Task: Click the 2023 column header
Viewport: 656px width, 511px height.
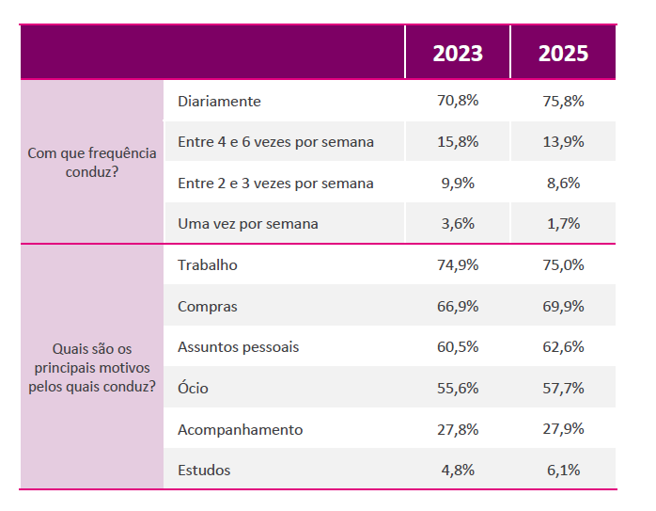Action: pos(458,53)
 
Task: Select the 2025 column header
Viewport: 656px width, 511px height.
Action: pos(563,53)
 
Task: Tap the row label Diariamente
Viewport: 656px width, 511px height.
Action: pos(219,101)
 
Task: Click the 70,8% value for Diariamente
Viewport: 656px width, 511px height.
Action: pos(458,101)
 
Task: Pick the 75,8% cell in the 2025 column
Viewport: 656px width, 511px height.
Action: pos(563,101)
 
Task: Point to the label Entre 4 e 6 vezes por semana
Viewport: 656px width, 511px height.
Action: pos(275,142)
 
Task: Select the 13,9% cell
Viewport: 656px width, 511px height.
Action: pos(563,142)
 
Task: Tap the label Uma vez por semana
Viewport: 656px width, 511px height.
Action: pos(248,224)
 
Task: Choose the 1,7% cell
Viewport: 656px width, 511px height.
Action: pos(563,224)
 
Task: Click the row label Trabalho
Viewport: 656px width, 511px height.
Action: pos(208,265)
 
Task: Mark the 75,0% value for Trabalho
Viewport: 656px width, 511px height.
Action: pos(563,265)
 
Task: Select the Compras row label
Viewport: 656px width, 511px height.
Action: pos(208,306)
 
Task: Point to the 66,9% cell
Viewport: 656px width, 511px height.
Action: pos(458,306)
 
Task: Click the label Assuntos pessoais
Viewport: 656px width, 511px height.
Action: pos(238,347)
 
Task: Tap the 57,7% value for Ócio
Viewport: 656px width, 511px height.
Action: pos(563,388)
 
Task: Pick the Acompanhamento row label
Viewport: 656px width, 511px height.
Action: pos(241,429)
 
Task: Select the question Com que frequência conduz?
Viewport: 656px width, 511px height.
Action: pos(92,163)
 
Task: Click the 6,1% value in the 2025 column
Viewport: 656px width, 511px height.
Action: pos(563,470)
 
